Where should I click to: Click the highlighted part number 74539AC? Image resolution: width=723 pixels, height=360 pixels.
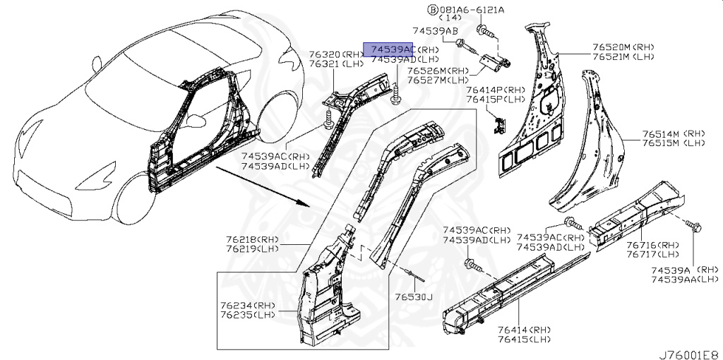click(388, 49)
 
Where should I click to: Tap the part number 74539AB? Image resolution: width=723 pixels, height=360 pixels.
click(436, 32)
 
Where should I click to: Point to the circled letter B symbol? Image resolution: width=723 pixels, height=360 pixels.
click(433, 9)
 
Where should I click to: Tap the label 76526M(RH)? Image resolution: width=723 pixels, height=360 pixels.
click(437, 71)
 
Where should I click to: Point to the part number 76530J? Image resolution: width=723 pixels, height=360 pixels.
click(413, 297)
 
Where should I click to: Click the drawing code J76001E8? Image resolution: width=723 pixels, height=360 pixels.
click(688, 351)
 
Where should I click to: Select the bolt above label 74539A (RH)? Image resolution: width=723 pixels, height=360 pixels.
click(693, 226)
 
